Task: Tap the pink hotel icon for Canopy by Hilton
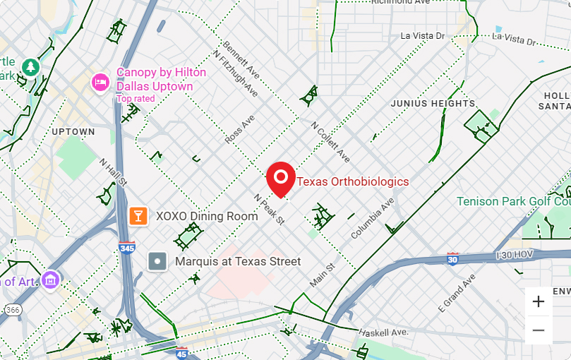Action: [101, 83]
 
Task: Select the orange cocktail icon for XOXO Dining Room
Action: [138, 215]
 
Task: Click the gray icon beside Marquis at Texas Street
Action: [158, 262]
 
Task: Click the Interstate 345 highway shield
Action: [127, 248]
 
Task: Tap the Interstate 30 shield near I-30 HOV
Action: [452, 259]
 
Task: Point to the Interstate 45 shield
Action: [182, 352]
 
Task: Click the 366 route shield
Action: [13, 309]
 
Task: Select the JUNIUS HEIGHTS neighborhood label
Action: [433, 104]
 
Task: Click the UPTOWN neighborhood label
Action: [73, 132]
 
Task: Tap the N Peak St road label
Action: [269, 209]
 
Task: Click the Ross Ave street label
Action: [239, 130]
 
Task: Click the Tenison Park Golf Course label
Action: [513, 201]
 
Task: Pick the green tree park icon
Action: [30, 67]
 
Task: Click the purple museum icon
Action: [49, 280]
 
